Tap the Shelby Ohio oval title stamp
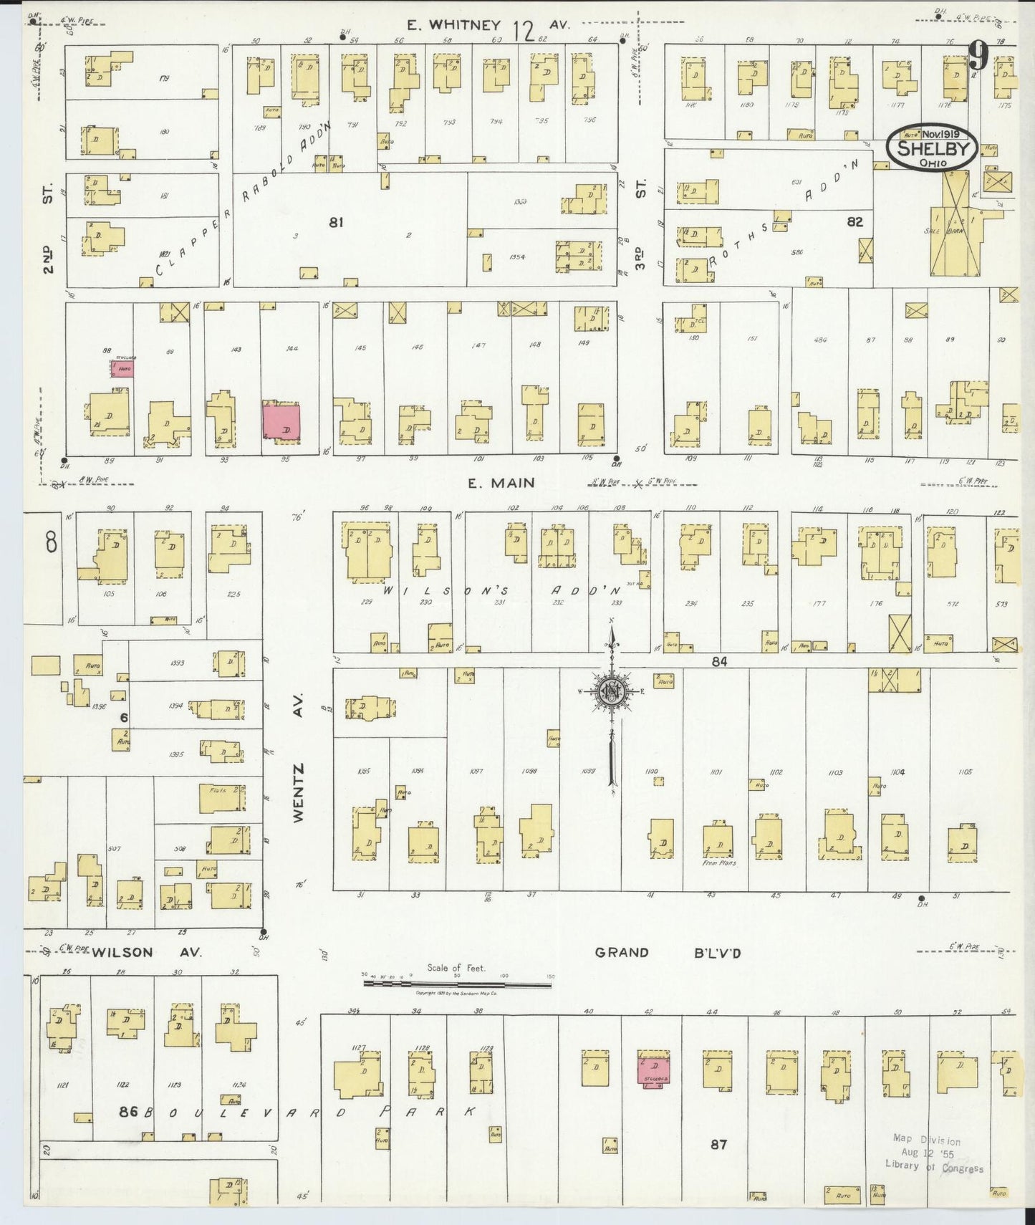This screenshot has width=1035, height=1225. [932, 149]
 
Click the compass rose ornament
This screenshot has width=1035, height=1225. [612, 691]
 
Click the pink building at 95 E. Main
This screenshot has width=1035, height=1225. [281, 421]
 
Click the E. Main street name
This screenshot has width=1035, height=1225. [501, 484]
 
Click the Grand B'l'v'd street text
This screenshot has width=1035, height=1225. [668, 952]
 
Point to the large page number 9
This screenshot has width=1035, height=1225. [978, 54]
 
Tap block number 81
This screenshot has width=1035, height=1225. [336, 223]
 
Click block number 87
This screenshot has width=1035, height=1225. [718, 1145]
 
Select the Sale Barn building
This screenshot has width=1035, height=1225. [955, 234]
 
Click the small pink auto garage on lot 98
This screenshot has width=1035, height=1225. [122, 368]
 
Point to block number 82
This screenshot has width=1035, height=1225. [855, 222]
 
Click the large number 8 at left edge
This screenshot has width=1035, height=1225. [51, 544]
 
